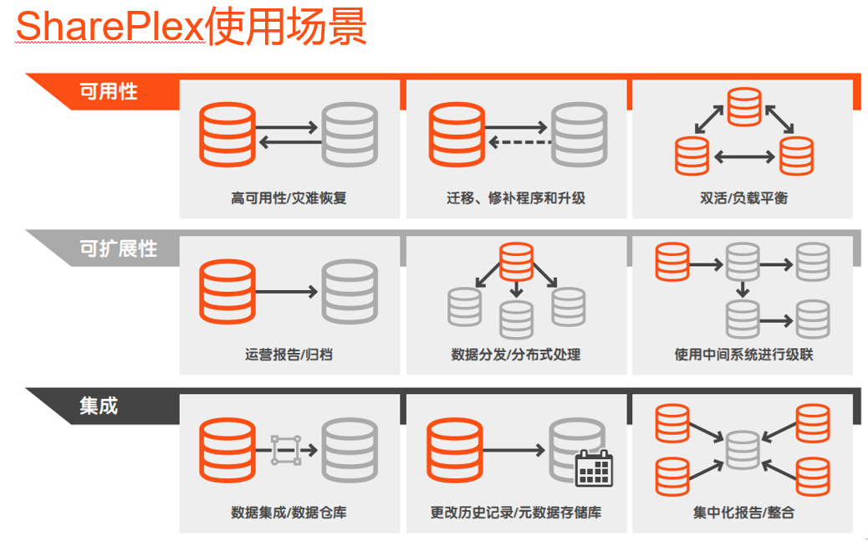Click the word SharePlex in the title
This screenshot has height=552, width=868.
click(110, 27)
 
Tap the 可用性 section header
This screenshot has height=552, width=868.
click(108, 91)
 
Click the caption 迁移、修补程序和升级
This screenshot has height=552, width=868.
click(516, 198)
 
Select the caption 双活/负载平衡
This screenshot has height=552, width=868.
click(743, 198)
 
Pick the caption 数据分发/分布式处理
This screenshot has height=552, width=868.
click(516, 355)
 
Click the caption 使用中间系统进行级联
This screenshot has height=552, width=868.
click(743, 355)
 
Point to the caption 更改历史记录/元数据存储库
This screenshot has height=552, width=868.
click(516, 512)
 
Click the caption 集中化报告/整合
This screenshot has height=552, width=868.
click(743, 512)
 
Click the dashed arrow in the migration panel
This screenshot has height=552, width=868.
click(518, 142)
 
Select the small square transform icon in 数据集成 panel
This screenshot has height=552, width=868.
click(285, 450)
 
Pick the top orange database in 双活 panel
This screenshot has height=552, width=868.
click(743, 105)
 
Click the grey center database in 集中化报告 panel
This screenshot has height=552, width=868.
click(743, 450)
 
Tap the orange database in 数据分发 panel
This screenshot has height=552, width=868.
click(516, 261)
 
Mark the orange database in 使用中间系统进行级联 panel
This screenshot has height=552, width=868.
click(672, 261)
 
